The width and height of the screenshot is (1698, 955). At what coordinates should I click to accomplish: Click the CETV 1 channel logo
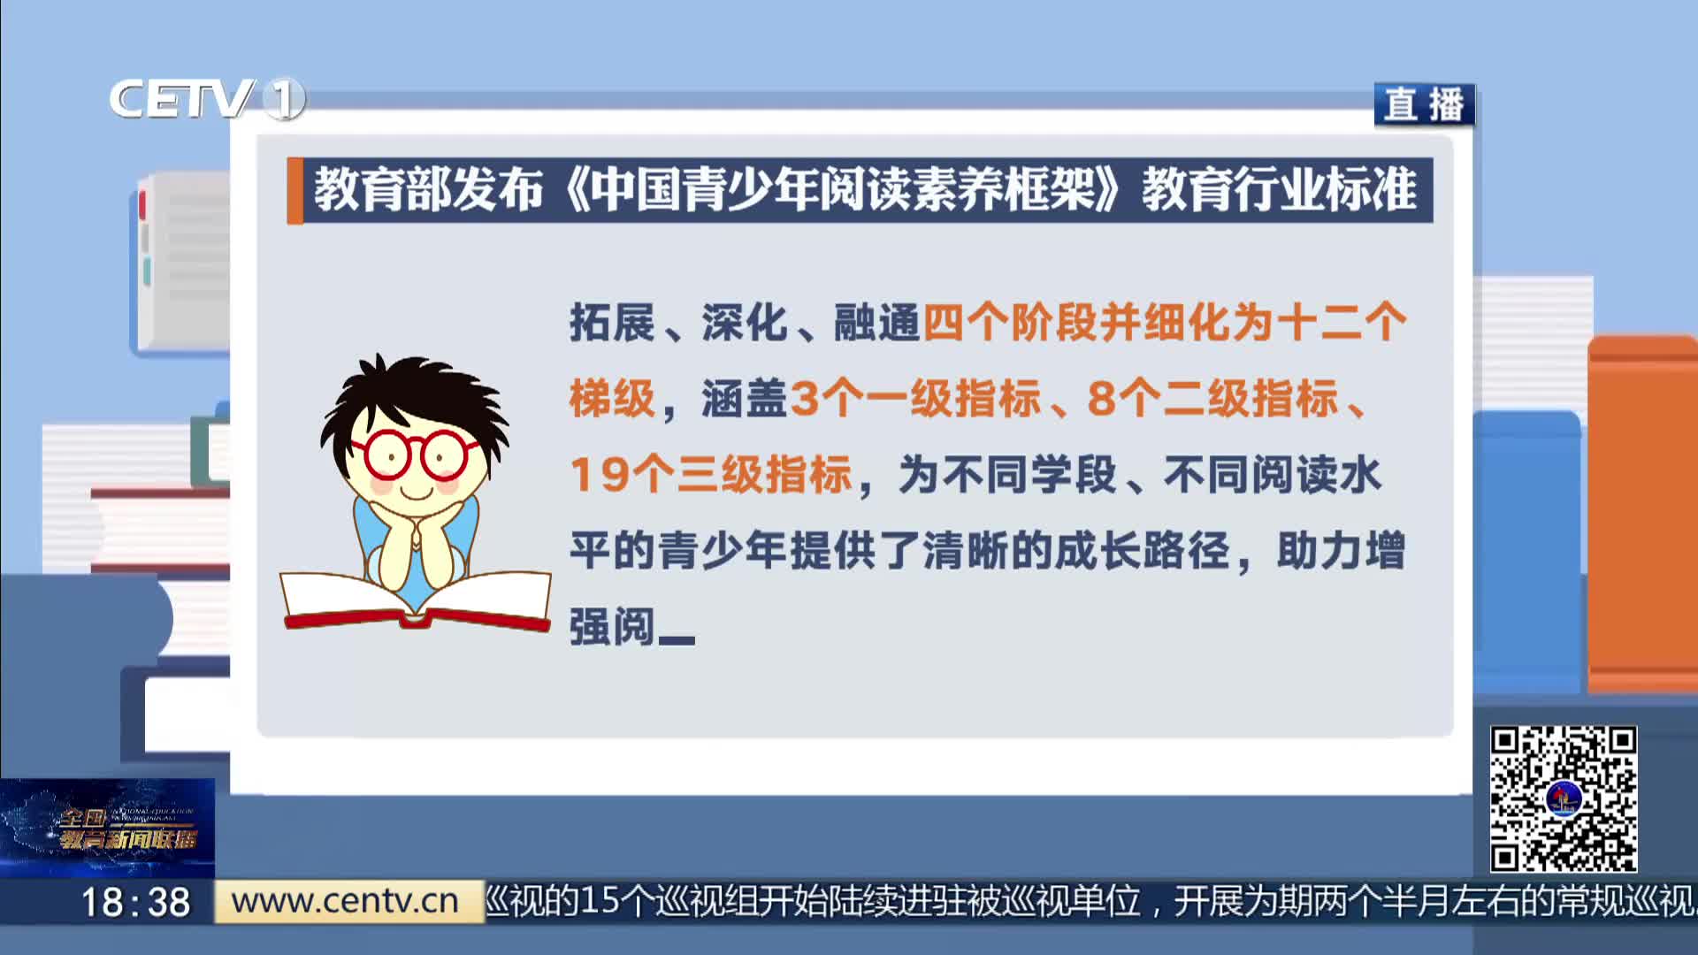[207, 98]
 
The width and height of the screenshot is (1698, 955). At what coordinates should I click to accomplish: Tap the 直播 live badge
[1424, 104]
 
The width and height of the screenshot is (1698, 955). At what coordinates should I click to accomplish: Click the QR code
[1563, 798]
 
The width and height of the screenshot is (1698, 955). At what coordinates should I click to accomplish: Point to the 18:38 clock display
[135, 902]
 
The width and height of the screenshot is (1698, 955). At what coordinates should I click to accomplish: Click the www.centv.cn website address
[345, 901]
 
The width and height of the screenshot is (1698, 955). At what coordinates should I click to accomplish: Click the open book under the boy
[416, 600]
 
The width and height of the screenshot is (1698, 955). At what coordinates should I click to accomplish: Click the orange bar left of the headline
[294, 190]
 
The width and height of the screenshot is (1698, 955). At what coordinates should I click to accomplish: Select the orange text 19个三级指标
[711, 475]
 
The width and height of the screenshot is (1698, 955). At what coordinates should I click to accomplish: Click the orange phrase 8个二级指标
[1212, 398]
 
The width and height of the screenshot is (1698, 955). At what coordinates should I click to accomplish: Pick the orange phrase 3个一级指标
[915, 398]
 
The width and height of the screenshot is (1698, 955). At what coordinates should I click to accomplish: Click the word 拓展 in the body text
[612, 322]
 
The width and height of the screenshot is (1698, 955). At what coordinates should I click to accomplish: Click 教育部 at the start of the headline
[382, 189]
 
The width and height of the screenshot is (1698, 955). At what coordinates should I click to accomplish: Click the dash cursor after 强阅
[677, 640]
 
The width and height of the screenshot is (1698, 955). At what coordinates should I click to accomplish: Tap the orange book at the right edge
[1643, 513]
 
